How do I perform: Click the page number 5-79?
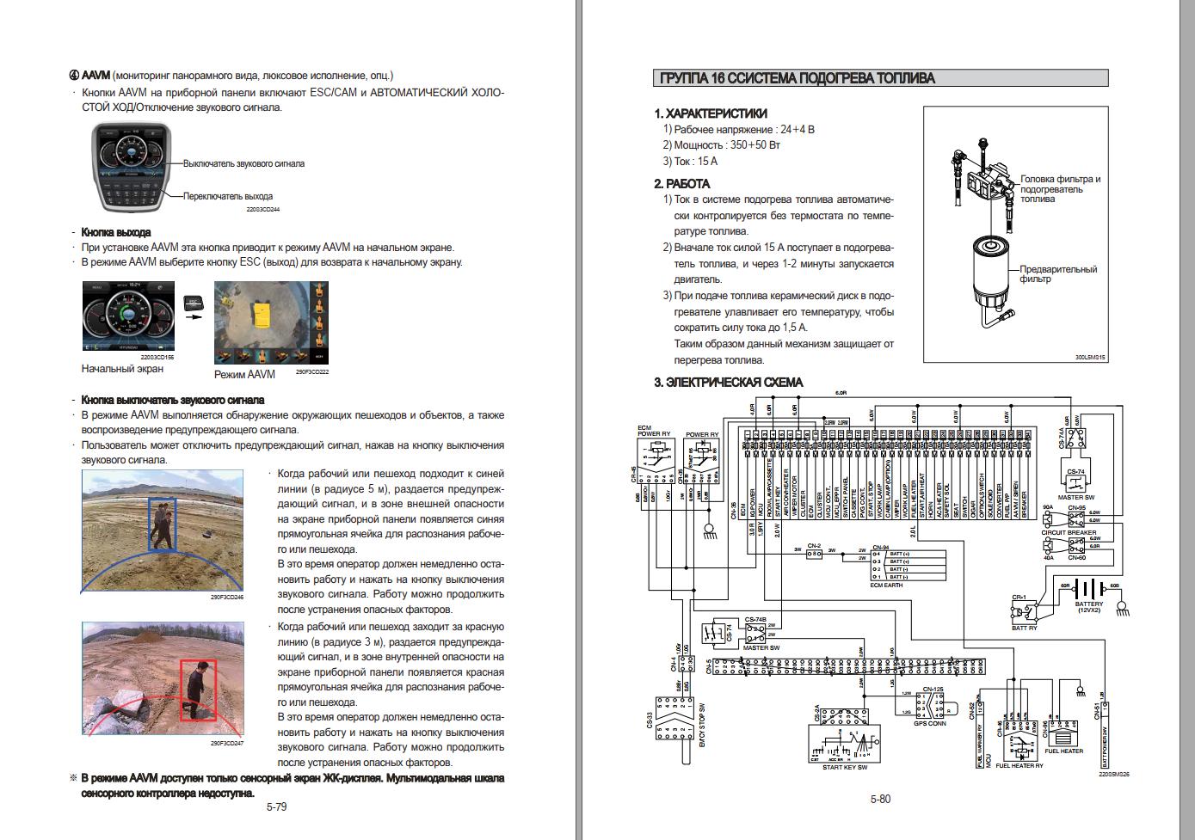(276, 807)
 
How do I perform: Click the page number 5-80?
(880, 800)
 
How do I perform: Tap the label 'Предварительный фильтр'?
(1058, 274)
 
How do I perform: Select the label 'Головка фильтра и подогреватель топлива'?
(1060, 189)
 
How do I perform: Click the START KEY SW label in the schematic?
(845, 767)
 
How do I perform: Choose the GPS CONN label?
(930, 724)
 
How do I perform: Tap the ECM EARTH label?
(887, 585)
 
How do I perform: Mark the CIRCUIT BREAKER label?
(1069, 533)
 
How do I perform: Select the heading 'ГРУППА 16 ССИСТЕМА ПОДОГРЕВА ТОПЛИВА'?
(797, 78)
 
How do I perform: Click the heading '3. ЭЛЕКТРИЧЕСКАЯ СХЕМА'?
(729, 383)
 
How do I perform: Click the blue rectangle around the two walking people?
(162, 524)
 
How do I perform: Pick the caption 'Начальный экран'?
(122, 369)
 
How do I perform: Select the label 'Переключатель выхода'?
(228, 196)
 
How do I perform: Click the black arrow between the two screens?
(194, 316)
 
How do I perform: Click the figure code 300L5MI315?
(1090, 358)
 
